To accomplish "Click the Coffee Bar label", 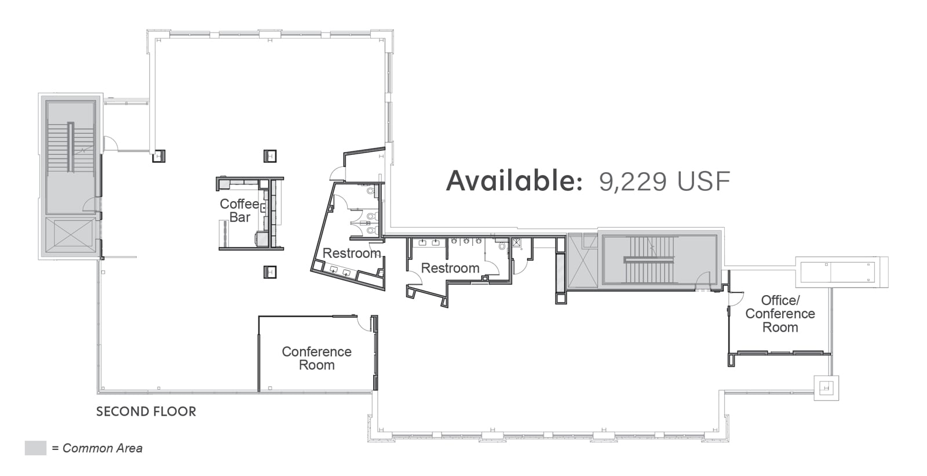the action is [240, 210].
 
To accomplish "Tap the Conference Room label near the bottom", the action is [316, 358].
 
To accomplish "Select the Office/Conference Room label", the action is [780, 314].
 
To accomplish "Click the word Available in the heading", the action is [514, 181].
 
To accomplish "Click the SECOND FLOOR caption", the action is [146, 412].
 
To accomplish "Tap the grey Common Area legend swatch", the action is [35, 448].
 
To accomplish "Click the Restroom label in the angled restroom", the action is [352, 253].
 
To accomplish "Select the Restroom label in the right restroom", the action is [450, 268].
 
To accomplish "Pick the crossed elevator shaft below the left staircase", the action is [70, 235].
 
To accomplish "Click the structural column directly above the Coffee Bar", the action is [270, 156].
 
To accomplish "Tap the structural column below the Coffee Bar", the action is [270, 272].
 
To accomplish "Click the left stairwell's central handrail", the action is [71, 147].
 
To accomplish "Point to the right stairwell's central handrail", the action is [649, 260].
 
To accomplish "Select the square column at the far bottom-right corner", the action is [826, 388].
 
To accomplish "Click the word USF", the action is [704, 181].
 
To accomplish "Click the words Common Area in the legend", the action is [102, 448].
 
